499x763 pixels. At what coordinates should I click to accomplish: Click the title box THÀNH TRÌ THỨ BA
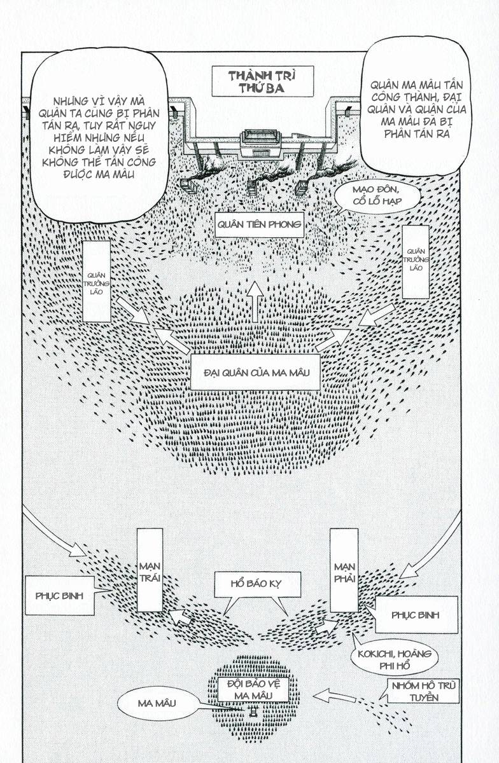click(262, 81)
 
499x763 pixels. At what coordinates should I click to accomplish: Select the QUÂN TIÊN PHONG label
click(259, 225)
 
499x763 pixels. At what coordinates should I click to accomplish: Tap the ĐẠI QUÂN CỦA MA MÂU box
click(255, 373)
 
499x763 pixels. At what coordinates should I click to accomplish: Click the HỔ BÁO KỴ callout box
click(258, 584)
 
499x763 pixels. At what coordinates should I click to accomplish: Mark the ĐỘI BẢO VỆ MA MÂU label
click(253, 690)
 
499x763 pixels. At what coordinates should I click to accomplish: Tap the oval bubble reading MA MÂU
click(157, 703)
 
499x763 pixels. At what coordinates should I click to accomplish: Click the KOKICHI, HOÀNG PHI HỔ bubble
click(394, 660)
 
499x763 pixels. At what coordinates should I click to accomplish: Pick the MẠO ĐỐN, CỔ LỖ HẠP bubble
click(377, 196)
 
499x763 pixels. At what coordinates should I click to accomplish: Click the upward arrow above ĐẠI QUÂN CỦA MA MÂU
click(255, 302)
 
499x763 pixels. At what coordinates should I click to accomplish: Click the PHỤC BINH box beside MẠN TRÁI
click(60, 596)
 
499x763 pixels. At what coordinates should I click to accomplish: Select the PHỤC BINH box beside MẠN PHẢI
click(416, 615)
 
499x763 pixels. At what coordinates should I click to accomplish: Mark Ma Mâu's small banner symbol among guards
click(253, 711)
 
